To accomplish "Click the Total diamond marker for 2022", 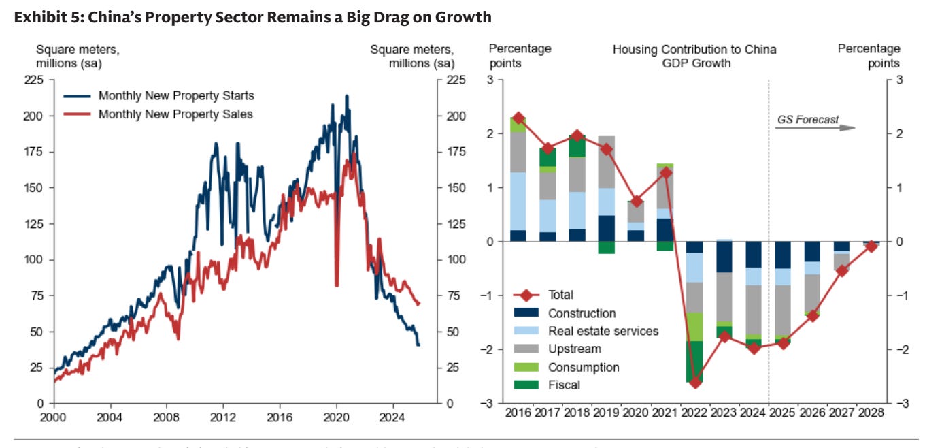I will pyautogui.click(x=695, y=383).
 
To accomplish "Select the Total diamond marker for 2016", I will pyautogui.click(x=519, y=118).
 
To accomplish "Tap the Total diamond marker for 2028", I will pyautogui.click(x=872, y=246).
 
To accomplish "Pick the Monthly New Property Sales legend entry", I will pyautogui.click(x=175, y=114).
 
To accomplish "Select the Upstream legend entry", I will pyautogui.click(x=575, y=349).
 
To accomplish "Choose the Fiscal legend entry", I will pyautogui.click(x=564, y=385).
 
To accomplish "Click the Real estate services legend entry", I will pyautogui.click(x=603, y=331).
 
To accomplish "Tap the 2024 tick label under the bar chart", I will pyautogui.click(x=754, y=413).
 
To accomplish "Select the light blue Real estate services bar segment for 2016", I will pyautogui.click(x=518, y=201).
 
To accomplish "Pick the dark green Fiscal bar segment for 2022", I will pyautogui.click(x=694, y=361).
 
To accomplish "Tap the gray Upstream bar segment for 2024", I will pyautogui.click(x=754, y=310).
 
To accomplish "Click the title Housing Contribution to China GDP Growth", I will pyautogui.click(x=694, y=56).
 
